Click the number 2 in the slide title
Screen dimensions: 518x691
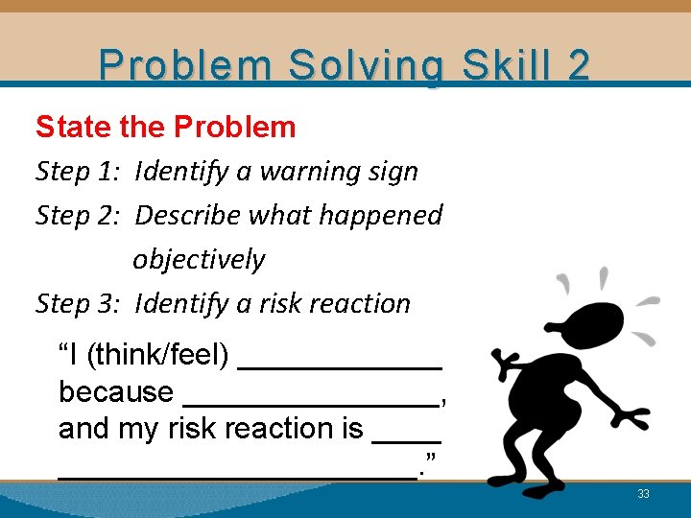(x=579, y=65)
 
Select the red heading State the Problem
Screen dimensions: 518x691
(x=166, y=127)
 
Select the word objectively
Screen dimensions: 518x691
(x=199, y=259)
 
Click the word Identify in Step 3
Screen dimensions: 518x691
(x=180, y=303)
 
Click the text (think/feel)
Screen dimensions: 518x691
(x=157, y=356)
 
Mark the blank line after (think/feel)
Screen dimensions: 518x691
(x=340, y=365)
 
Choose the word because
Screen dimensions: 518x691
(x=115, y=391)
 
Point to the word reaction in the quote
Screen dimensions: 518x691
(x=267, y=428)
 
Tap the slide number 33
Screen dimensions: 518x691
(x=643, y=494)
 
